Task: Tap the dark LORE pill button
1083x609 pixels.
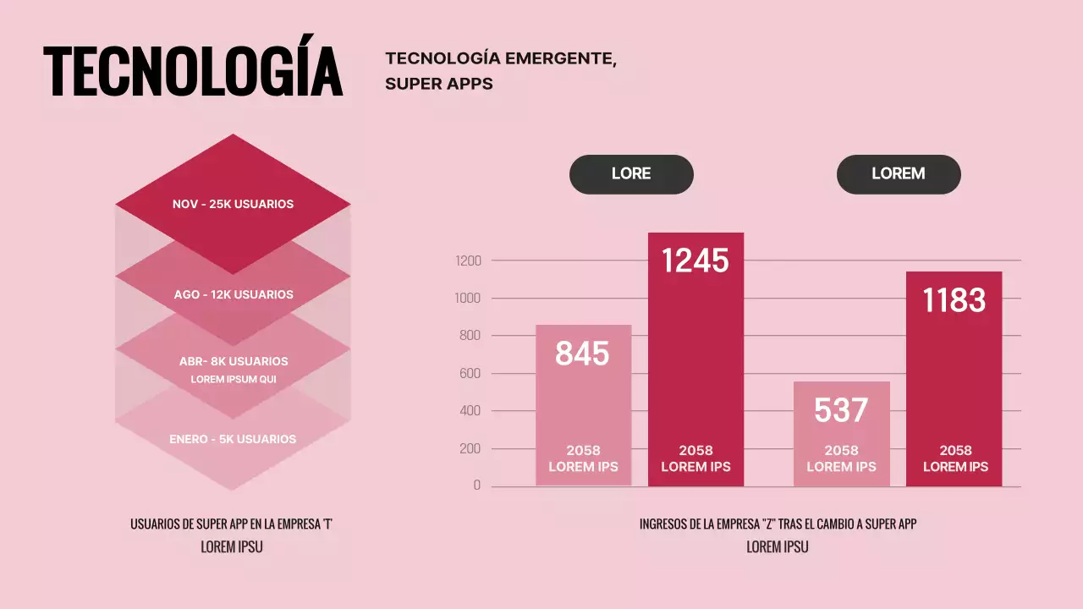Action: pos(631,174)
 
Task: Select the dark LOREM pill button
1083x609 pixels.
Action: pos(899,174)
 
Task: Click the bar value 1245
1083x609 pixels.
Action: pos(695,261)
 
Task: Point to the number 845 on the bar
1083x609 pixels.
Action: pos(582,354)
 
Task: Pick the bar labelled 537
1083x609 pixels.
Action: pos(841,410)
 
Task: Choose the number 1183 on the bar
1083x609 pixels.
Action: pos(954,300)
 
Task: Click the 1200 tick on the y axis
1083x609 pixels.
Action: pos(468,261)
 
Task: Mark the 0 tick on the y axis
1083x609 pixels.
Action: pos(477,486)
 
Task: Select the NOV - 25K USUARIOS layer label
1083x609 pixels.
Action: pos(233,205)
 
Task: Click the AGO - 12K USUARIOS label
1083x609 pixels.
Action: pos(234,295)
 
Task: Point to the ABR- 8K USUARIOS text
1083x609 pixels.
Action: pos(234,361)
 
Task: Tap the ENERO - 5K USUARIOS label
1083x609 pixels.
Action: pos(233,440)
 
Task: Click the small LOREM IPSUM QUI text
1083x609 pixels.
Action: pos(234,380)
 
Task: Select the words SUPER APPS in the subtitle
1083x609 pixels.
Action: pos(439,84)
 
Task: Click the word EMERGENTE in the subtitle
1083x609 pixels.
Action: pos(560,58)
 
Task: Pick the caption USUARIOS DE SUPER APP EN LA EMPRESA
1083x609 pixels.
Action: pos(232,524)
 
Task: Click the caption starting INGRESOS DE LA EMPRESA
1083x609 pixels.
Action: pos(778,524)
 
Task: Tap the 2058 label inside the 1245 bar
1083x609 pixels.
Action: pos(695,451)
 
